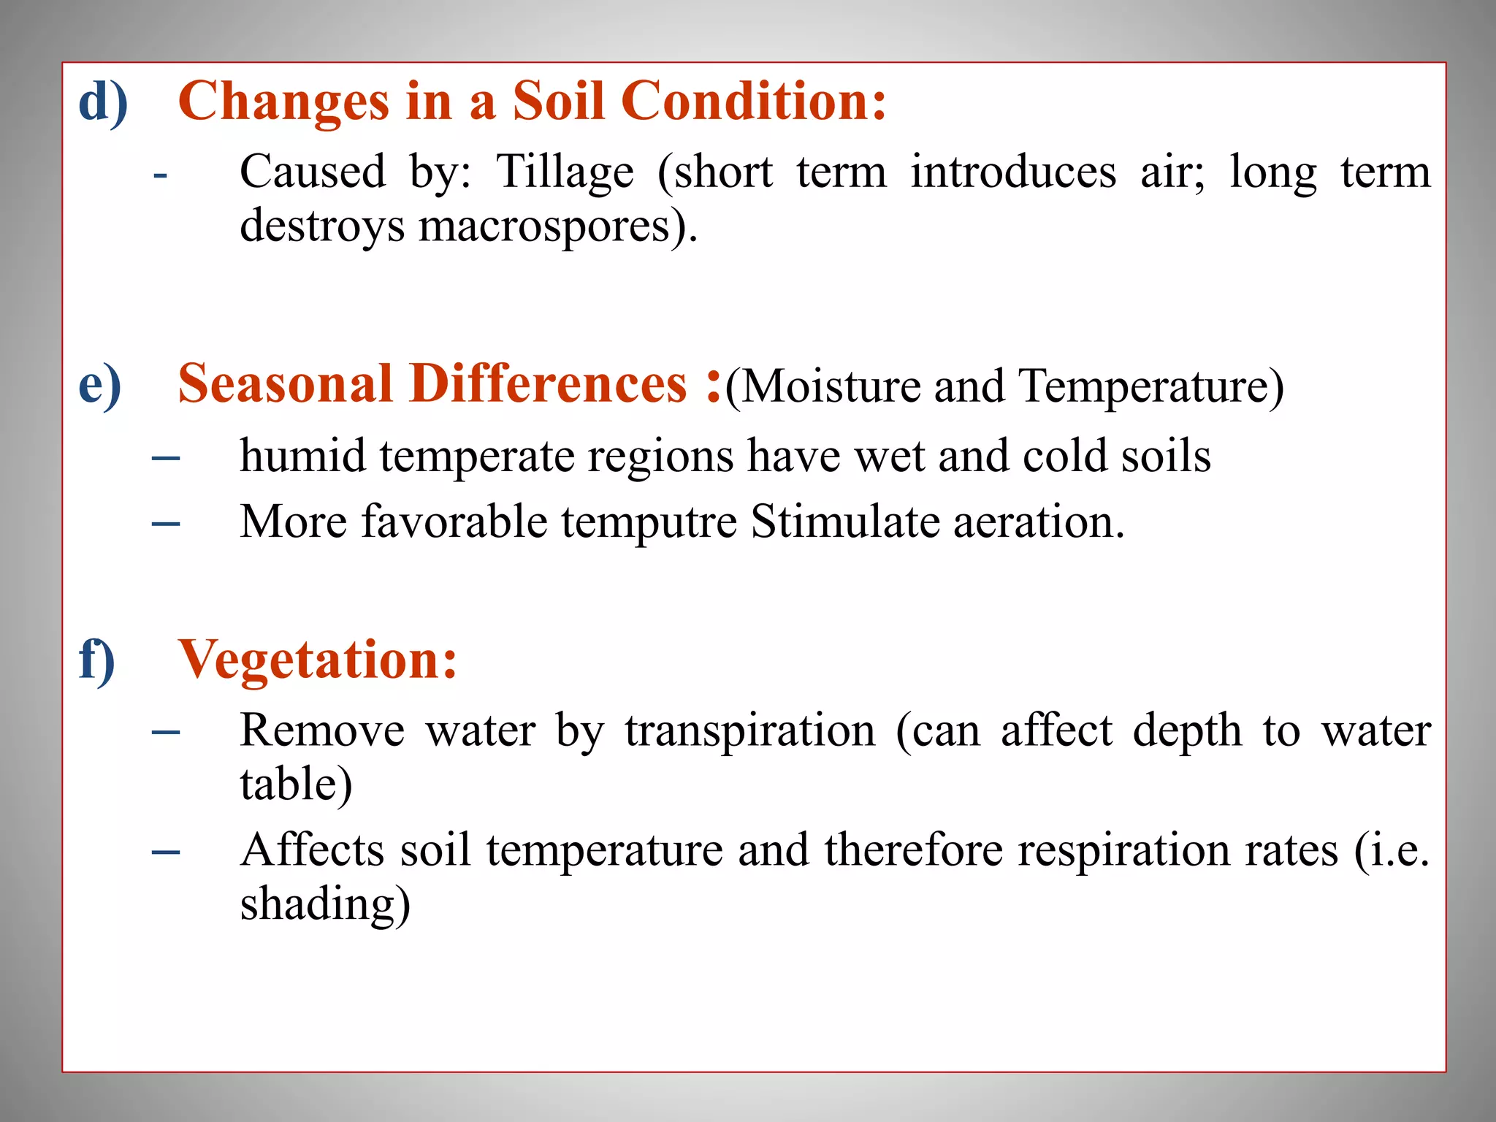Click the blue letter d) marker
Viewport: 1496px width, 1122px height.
click(x=103, y=102)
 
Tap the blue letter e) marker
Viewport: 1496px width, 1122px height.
click(x=99, y=385)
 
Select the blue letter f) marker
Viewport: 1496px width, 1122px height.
click(x=97, y=660)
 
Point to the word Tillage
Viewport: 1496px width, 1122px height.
click(x=565, y=172)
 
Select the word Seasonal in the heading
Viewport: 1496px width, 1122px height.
click(x=286, y=383)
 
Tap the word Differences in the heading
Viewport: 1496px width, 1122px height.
click(x=548, y=383)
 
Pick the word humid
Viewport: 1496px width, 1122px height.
click(x=303, y=457)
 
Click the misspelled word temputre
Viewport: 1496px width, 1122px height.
click(x=649, y=523)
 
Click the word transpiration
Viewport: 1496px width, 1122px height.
click(x=750, y=730)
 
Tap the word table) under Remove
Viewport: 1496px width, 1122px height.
click(x=296, y=785)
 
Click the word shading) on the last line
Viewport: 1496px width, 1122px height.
click(x=325, y=904)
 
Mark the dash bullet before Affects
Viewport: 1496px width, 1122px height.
click(x=166, y=852)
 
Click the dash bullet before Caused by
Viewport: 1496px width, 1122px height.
click(x=160, y=176)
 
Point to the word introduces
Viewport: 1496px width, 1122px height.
click(x=1013, y=172)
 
